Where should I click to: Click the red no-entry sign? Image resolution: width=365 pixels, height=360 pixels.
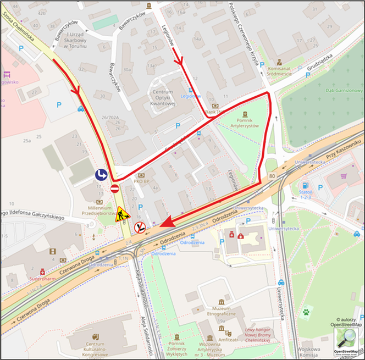[115, 189]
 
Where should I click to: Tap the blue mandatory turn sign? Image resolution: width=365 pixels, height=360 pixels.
[101, 175]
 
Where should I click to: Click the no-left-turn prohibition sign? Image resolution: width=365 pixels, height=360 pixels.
[140, 227]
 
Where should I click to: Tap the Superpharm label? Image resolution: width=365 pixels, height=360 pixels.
[42, 279]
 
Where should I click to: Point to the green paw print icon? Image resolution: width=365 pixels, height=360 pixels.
[305, 312]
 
